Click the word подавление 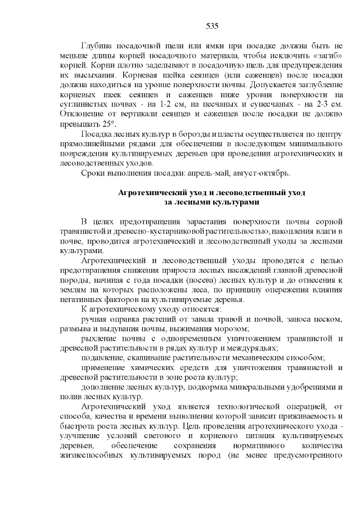tap(104, 357)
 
